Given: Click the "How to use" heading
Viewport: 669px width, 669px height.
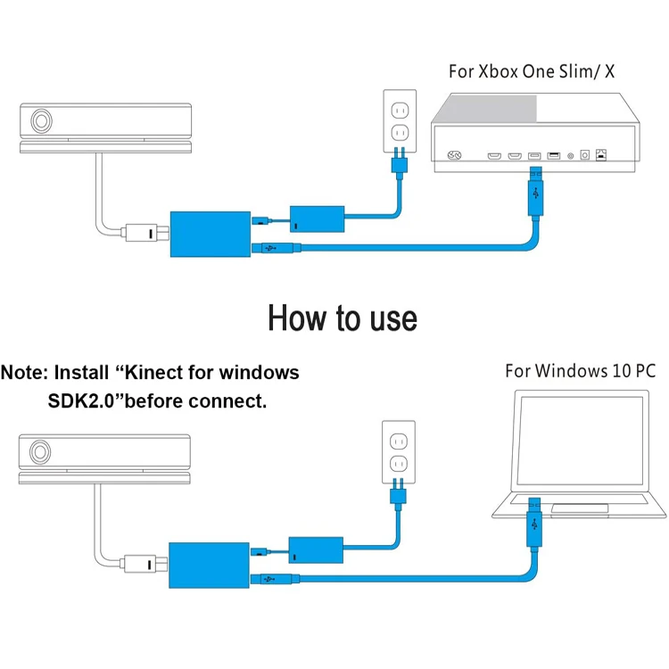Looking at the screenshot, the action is point(342,317).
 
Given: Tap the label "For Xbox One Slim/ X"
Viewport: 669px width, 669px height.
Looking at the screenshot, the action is point(533,71).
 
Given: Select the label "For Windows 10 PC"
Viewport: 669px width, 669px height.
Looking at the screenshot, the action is point(580,370).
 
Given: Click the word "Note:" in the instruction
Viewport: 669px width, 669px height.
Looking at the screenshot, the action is point(24,372).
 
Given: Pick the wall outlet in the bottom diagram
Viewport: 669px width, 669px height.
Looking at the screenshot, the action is point(399,450).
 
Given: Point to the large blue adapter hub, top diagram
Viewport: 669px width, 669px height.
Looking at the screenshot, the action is point(207,235).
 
